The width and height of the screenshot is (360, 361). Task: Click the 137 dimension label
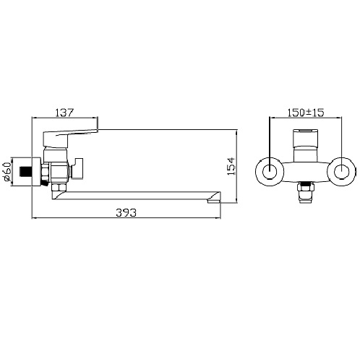coord(64,113)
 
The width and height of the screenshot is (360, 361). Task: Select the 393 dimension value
coord(126,212)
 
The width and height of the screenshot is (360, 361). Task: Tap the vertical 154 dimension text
coord(231,166)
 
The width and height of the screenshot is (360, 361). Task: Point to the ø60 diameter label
coord(7,171)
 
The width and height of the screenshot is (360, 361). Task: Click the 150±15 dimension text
coord(306,113)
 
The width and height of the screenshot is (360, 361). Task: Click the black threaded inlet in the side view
coord(25,171)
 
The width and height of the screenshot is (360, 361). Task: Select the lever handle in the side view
coord(70,137)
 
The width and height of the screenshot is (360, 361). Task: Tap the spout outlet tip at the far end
coord(214,200)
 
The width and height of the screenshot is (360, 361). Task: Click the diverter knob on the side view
coord(77,168)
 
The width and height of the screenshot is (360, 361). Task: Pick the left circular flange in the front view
coord(270,172)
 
